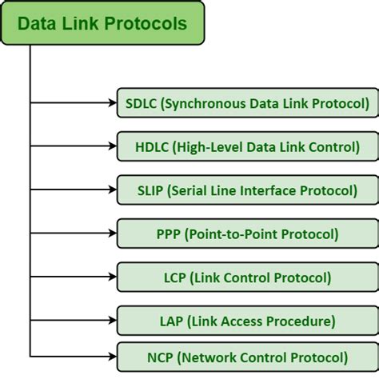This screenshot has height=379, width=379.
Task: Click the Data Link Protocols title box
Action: point(103,22)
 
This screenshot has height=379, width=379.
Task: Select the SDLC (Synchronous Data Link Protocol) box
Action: point(247,102)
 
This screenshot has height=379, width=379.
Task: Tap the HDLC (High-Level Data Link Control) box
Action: point(247,146)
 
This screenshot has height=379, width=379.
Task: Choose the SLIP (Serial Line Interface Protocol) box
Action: point(247,190)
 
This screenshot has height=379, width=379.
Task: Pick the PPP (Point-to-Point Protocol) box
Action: point(247,234)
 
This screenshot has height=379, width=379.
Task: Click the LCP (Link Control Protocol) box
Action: point(247,277)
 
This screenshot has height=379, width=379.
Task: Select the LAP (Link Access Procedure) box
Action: point(247,321)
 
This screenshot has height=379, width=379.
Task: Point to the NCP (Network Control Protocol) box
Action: point(247,357)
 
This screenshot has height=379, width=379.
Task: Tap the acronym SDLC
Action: point(141,102)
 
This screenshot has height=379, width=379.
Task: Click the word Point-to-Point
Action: point(226,234)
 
